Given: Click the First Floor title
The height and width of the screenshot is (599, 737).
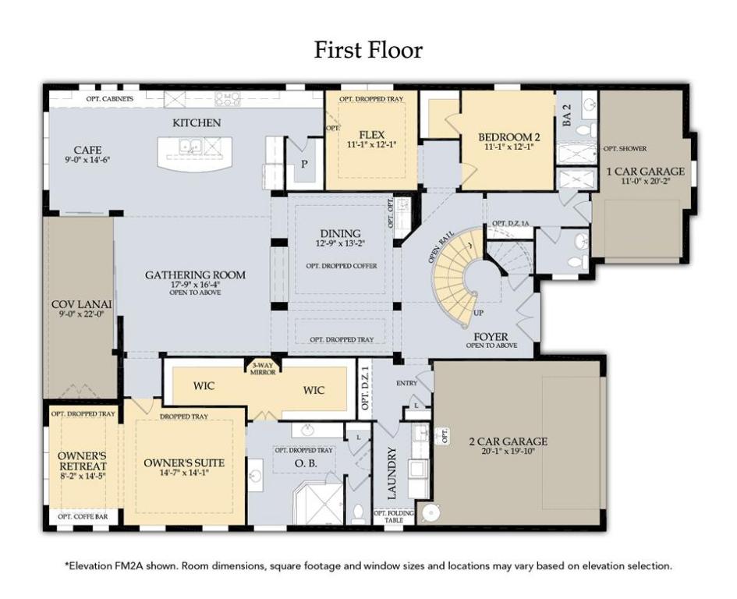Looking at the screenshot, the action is tap(368, 50).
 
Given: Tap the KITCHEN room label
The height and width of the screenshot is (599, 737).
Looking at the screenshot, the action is tap(197, 122).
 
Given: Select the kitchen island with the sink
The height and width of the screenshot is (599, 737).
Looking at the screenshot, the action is tap(195, 154).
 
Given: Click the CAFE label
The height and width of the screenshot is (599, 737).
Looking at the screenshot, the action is tap(88, 150).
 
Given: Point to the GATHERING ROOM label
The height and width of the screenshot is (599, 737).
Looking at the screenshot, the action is tap(195, 275).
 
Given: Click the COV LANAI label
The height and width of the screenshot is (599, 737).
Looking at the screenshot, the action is tap(81, 304).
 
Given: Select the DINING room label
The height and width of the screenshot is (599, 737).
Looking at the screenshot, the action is tap(341, 233).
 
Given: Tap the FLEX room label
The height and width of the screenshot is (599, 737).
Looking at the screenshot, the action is tap(371, 135).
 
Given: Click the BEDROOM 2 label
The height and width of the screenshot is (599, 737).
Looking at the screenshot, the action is tap(509, 136).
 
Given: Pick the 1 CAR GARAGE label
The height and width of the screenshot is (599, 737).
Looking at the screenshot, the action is tap(645, 171).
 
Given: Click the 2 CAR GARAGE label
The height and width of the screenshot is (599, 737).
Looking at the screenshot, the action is tap(508, 441).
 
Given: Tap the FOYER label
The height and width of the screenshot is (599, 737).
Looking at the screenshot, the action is tap(491, 337).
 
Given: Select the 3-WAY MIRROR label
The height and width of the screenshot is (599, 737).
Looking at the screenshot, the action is tap(263, 369).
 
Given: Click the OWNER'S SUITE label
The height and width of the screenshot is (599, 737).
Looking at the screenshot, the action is tap(184, 463).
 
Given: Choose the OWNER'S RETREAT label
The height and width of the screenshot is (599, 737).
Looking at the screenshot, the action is tap(82, 461).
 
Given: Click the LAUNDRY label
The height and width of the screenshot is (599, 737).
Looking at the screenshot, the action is tap(392, 473).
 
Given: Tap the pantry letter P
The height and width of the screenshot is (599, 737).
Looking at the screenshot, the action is tap(305, 164).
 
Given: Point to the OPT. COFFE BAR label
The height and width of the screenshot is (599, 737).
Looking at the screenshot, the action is tap(83, 517).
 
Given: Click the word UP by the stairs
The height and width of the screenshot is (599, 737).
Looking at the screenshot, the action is tap(479, 313).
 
